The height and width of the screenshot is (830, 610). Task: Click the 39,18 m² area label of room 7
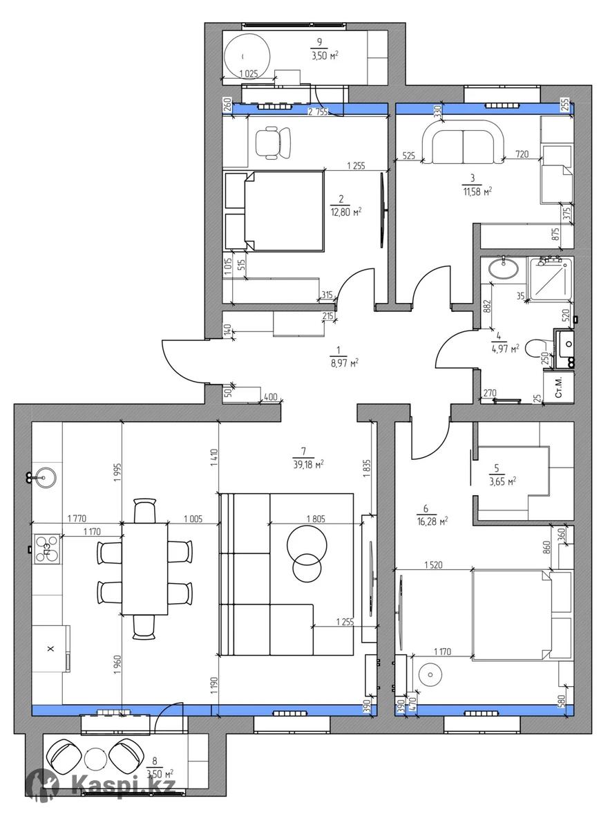[308, 464]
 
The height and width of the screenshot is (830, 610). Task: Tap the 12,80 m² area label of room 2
[345, 212]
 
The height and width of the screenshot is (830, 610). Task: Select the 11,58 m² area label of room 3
[477, 192]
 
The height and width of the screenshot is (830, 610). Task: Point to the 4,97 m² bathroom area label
[505, 349]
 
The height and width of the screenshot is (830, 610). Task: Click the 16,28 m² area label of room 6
[432, 522]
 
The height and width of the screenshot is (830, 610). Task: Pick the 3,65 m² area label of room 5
[503, 481]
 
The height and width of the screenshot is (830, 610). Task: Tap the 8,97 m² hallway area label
[344, 362]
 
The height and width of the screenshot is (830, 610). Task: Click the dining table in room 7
[144, 569]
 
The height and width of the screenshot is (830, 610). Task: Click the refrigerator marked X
[50, 649]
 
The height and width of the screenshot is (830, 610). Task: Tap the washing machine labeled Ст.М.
[559, 387]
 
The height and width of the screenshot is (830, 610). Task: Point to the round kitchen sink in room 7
[44, 478]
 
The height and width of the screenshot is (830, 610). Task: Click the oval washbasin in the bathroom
[504, 268]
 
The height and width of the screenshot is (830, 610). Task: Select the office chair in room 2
[274, 142]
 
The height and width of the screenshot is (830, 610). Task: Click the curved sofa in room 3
[463, 142]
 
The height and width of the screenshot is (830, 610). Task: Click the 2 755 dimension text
[318, 112]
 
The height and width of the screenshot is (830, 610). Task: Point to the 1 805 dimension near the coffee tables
[316, 519]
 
